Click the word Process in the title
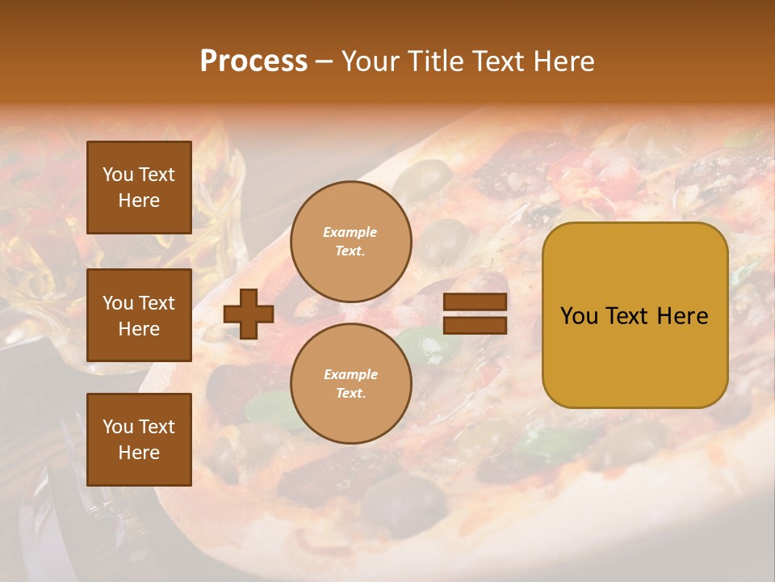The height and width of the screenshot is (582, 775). (253, 61)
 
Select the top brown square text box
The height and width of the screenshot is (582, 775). (139, 187)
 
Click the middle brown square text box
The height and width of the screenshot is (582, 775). (139, 315)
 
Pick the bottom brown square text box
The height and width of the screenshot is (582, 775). (139, 439)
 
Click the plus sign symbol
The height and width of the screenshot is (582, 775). (249, 314)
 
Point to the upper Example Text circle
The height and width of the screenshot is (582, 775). (350, 242)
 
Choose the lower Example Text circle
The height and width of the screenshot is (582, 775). (350, 384)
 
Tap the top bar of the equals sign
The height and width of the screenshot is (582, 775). (475, 302)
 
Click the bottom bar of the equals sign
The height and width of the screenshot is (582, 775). (475, 325)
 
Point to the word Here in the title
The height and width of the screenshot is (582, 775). (566, 61)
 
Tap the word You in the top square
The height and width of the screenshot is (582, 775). (118, 175)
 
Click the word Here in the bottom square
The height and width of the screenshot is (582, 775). (139, 453)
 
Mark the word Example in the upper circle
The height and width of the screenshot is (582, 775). (350, 232)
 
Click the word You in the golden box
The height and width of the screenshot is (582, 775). (579, 315)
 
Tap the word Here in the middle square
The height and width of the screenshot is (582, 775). (139, 329)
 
